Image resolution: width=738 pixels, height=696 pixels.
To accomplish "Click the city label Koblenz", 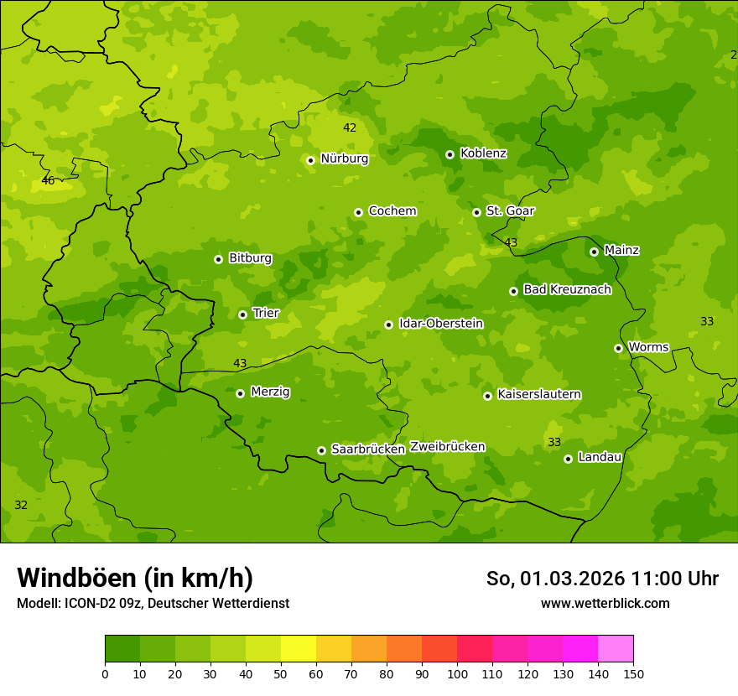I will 483,153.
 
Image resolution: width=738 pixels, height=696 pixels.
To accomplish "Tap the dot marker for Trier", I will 242,314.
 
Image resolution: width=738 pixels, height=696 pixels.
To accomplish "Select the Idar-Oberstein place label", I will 441,324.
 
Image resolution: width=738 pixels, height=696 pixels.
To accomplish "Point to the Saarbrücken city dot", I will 321,450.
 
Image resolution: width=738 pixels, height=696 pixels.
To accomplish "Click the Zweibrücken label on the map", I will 447,447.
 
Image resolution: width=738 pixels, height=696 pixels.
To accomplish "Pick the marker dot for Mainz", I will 594,252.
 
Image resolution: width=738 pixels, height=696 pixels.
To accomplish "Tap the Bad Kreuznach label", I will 567,290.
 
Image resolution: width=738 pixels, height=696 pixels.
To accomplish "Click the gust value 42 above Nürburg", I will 350,128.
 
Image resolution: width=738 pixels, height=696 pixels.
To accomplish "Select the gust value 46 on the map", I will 48,181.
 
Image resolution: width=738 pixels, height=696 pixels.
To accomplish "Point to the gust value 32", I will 21,506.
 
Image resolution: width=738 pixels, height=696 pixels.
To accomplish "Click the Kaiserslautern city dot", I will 487,396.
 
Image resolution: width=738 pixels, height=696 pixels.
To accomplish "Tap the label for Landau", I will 600,458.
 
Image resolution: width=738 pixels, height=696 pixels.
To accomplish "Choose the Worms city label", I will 648,347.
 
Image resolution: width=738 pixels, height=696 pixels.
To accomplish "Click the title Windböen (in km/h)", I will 135,578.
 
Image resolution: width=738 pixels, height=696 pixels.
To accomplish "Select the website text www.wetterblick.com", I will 605,603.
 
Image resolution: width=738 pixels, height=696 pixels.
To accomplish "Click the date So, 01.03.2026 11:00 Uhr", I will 602,579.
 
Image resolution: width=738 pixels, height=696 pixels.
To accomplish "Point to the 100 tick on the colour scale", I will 457,673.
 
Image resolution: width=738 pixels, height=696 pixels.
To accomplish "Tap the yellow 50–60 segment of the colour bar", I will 299,649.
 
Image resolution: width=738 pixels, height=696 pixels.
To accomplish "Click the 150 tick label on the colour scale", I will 633,673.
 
